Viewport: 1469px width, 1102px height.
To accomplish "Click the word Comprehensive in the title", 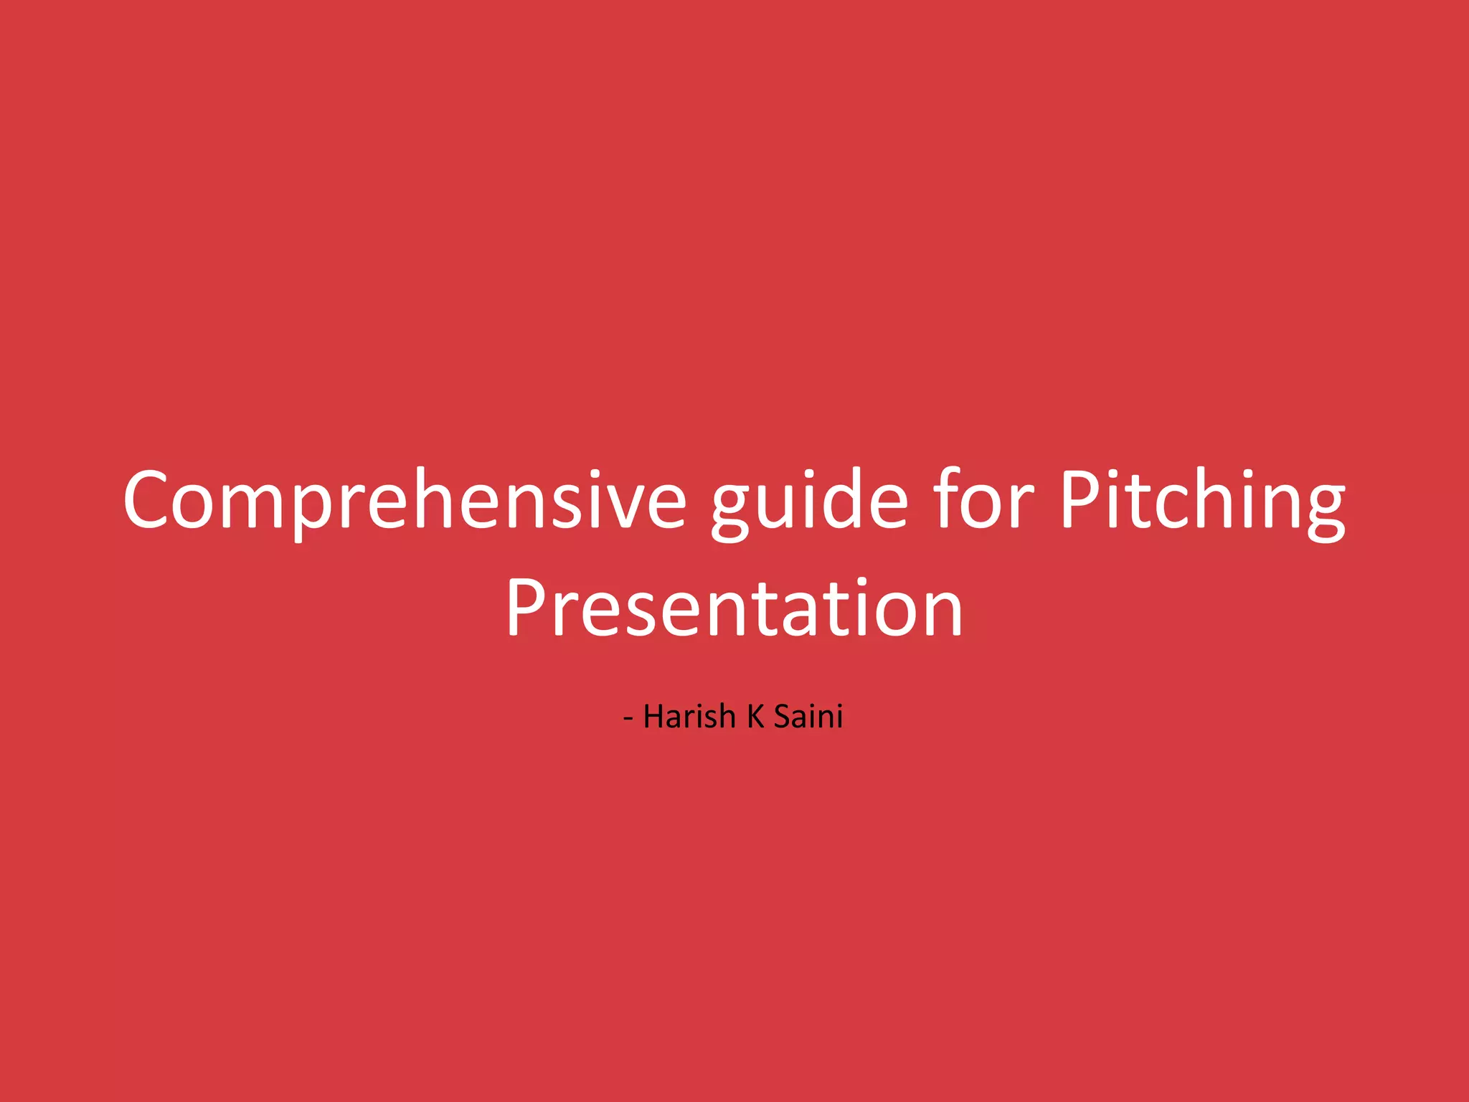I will point(405,500).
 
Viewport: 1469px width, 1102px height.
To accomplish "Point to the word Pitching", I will point(1202,500).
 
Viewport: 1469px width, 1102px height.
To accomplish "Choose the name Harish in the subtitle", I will point(689,717).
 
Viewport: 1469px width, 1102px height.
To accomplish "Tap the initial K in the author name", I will point(755,717).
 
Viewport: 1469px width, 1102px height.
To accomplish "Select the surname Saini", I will point(808,717).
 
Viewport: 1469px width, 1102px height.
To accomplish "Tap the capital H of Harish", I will point(653,717).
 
